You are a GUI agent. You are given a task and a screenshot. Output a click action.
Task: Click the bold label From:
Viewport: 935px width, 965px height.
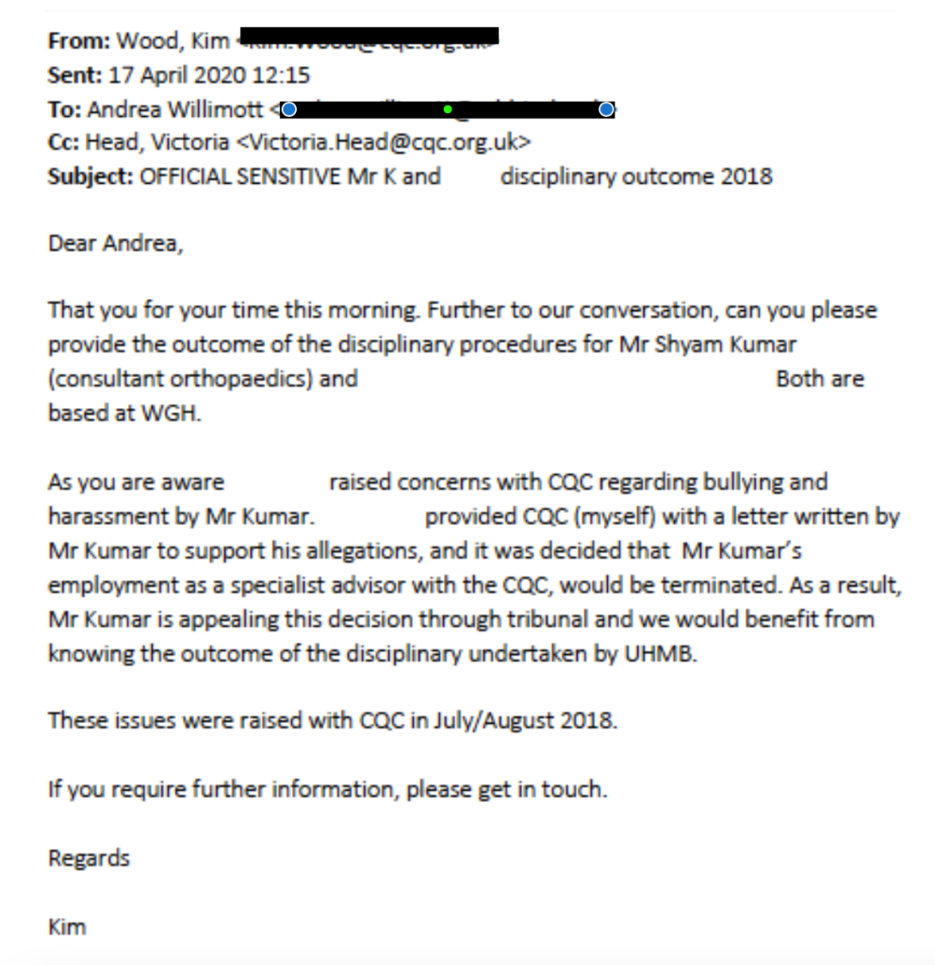(x=79, y=41)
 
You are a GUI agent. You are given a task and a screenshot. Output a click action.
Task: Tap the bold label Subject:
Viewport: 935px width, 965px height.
(x=90, y=176)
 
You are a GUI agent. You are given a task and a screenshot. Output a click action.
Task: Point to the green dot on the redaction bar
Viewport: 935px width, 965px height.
(x=448, y=110)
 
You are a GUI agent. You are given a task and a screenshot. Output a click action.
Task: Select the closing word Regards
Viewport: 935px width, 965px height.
(x=89, y=859)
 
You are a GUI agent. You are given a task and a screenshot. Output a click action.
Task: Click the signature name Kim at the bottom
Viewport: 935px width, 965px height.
(x=67, y=926)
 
